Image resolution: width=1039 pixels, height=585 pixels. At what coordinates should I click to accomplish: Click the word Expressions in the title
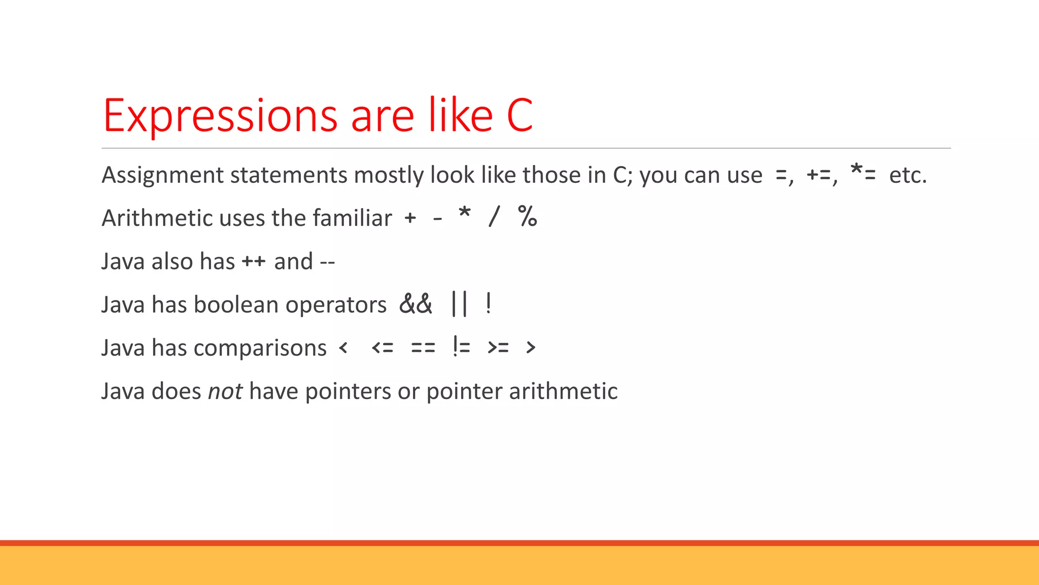[220, 116]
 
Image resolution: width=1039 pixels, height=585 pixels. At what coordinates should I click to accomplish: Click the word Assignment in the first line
[162, 175]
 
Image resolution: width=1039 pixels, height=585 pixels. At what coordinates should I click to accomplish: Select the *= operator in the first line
[863, 173]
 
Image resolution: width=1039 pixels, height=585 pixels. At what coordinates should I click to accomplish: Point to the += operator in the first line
[819, 176]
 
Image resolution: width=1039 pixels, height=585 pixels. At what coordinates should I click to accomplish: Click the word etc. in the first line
[908, 175]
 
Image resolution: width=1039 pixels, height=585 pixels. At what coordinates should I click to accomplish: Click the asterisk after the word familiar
[464, 213]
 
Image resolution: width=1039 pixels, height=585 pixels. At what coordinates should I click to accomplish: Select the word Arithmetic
[157, 218]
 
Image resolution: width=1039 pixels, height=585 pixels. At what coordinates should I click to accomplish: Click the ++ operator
[254, 262]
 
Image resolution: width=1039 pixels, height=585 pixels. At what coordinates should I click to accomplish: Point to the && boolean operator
[416, 304]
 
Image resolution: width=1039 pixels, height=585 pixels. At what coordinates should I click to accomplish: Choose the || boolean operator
[459, 304]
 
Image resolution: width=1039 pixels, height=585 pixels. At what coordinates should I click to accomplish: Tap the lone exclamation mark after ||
[488, 304]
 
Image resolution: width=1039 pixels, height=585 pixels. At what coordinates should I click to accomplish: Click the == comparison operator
[423, 348]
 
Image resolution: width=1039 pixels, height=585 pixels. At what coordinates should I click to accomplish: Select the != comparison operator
[462, 347]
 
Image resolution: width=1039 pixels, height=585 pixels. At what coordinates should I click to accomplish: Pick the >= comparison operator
[498, 348]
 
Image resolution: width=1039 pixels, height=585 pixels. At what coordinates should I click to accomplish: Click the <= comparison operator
[383, 348]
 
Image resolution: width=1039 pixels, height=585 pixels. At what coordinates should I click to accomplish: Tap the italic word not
[225, 392]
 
